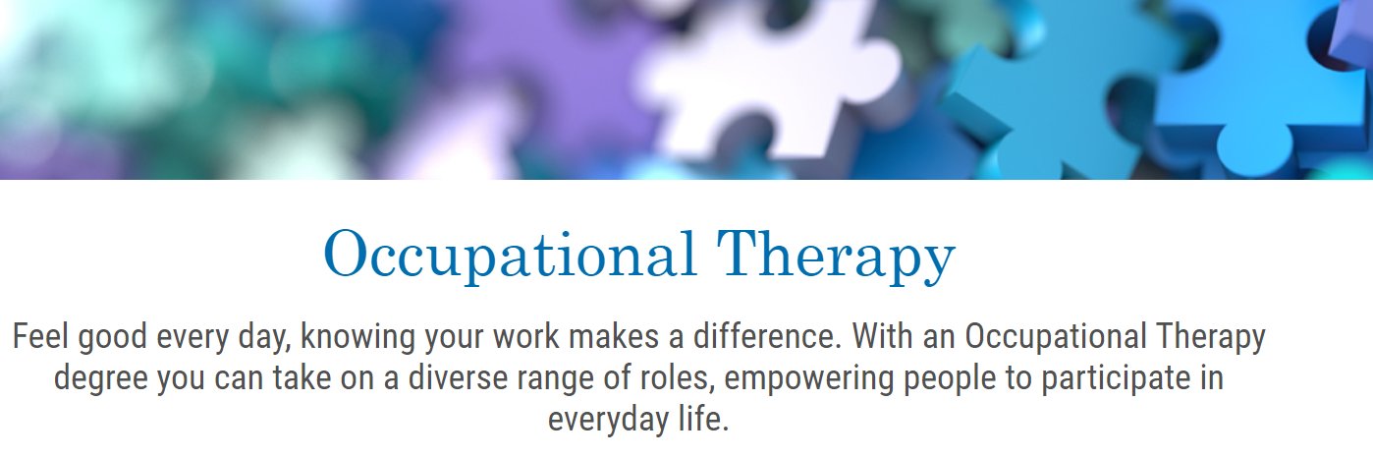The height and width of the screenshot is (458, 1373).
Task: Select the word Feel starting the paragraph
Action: point(40,337)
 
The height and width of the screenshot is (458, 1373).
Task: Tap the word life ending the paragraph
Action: point(705,420)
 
